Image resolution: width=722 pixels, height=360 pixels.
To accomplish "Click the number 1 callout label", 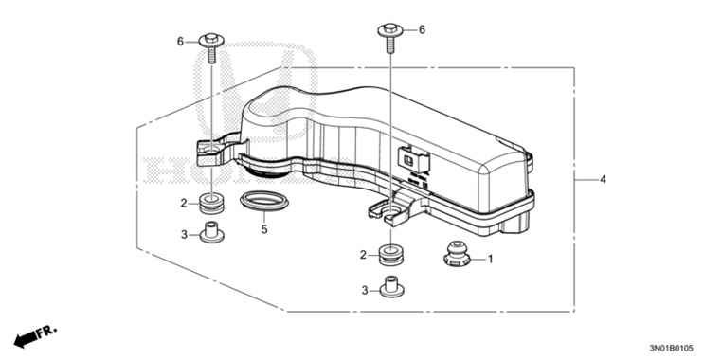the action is click(491, 260).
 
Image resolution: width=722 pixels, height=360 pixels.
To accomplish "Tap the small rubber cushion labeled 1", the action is click(457, 254).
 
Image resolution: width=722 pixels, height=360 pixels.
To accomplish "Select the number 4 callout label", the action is click(603, 180).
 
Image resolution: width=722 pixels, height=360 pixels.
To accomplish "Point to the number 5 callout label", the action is click(264, 229).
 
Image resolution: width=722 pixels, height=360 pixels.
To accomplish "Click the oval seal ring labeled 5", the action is click(264, 201).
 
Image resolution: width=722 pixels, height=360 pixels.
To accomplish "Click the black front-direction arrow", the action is click(26, 340).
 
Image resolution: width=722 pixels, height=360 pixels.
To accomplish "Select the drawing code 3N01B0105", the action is click(674, 349).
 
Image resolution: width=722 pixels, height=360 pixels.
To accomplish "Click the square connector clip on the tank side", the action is click(413, 161).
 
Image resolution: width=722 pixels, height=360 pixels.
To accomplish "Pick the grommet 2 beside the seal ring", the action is click(211, 204).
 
